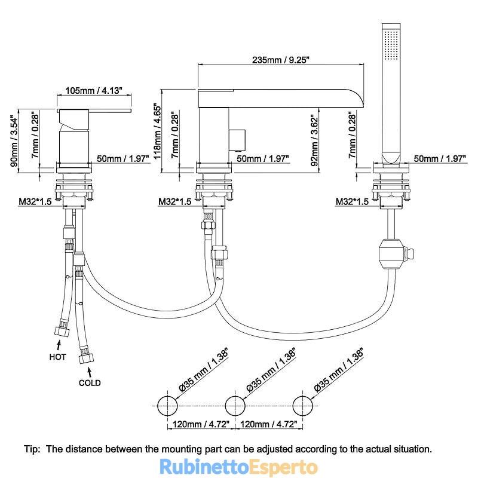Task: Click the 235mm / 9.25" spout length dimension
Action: (280, 60)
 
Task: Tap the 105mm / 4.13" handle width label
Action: (94, 91)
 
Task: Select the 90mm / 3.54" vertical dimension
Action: (14, 140)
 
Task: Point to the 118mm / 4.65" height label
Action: (157, 131)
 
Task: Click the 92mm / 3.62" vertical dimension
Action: (314, 140)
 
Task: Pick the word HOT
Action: (57, 357)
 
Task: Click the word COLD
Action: (90, 383)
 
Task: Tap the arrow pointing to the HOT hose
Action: (59, 345)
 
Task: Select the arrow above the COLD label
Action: (90, 372)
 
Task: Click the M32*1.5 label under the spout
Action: (175, 201)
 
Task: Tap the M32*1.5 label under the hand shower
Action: (352, 201)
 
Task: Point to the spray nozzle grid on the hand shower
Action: (391, 44)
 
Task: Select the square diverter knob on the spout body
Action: (237, 140)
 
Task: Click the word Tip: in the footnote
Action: (32, 449)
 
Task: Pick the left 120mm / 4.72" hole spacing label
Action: (201, 424)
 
